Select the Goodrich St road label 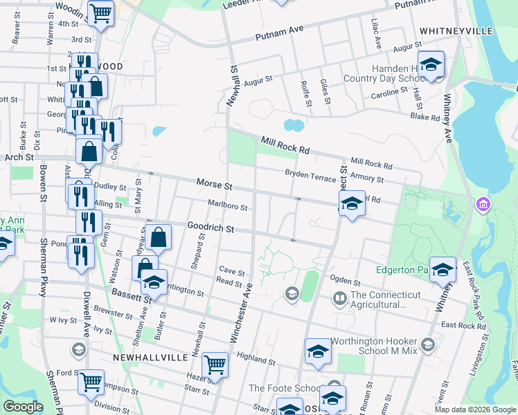pyautogui.click(x=211, y=228)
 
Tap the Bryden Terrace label pyautogui.click(x=310, y=176)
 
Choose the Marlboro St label pyautogui.click(x=228, y=204)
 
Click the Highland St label pyautogui.click(x=256, y=360)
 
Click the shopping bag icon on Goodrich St pyautogui.click(x=159, y=237)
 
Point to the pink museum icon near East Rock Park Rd pyautogui.click(x=483, y=205)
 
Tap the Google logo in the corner pyautogui.click(x=22, y=407)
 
